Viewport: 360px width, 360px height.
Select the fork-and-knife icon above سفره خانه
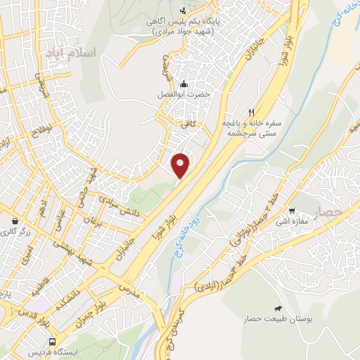[251, 112]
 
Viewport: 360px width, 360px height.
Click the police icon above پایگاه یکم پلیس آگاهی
[184, 11]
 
